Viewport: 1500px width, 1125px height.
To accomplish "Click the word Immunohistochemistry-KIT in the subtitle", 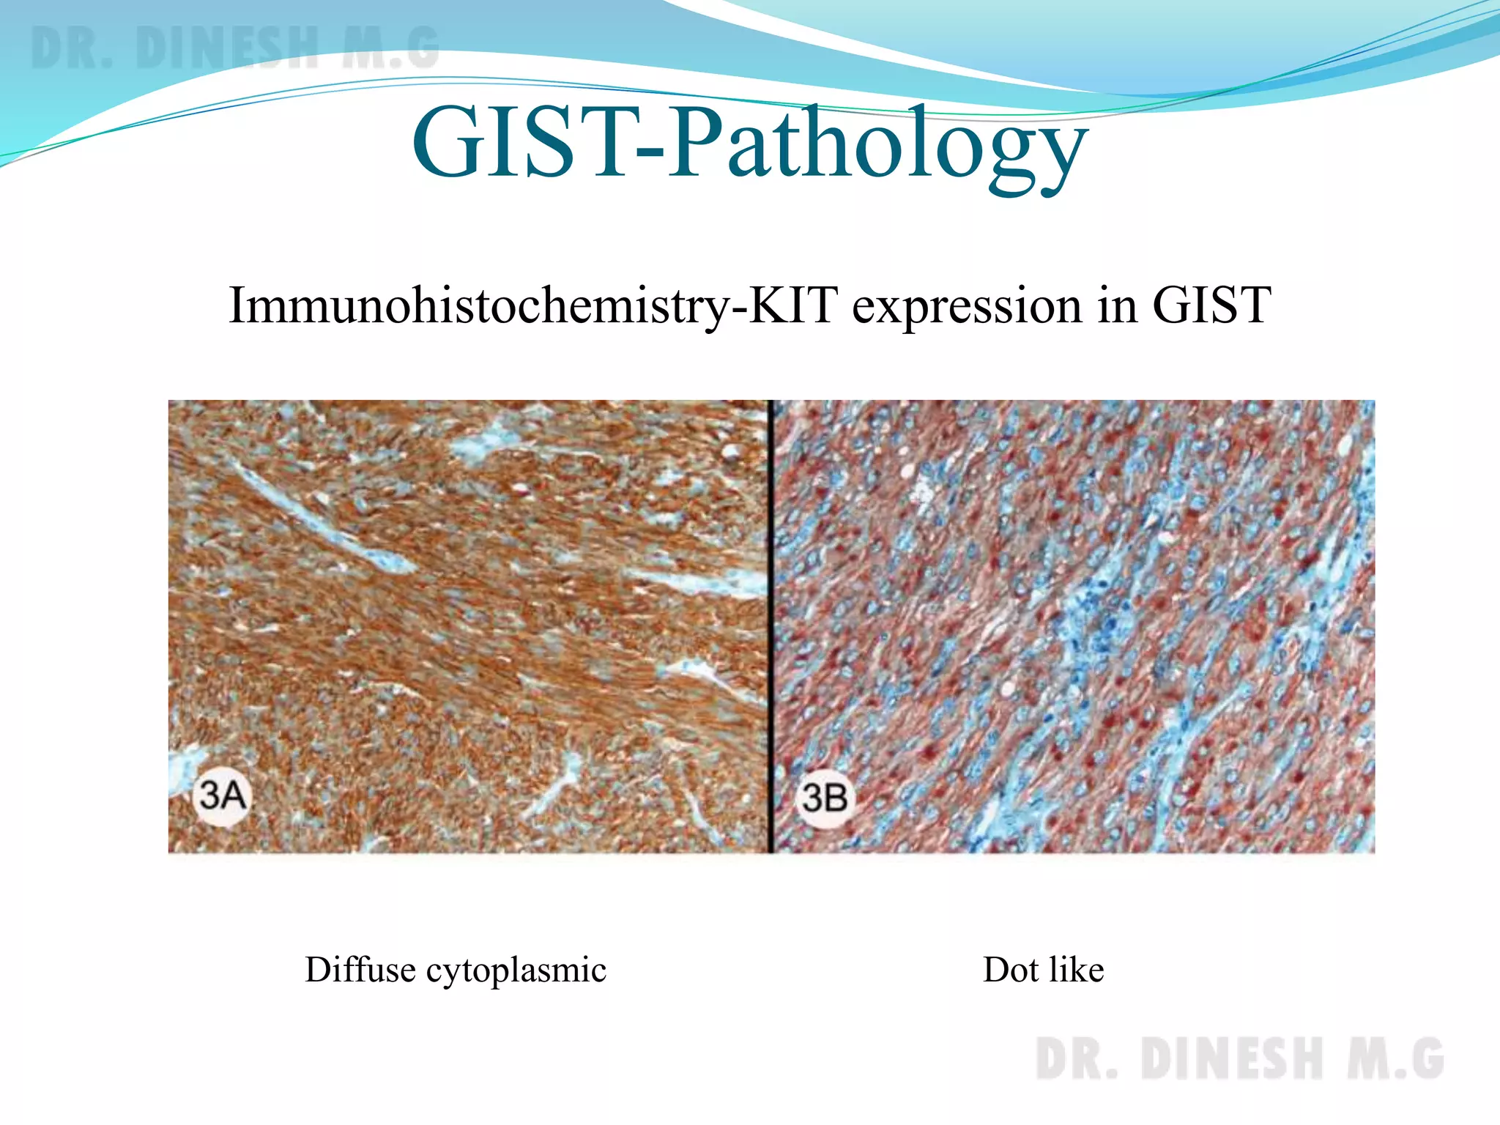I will coord(532,305).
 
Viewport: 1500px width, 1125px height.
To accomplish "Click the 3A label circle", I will coord(222,796).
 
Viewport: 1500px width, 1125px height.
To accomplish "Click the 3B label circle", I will coord(825,798).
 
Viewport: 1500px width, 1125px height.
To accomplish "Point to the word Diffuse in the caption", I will coord(360,970).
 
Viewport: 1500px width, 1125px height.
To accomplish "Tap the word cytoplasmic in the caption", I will coord(516,971).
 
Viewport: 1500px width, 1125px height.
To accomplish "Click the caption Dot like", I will coord(1043,970).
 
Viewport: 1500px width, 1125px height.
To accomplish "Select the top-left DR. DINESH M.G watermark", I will coord(234,48).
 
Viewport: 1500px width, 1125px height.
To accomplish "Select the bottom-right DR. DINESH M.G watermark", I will coord(1239,1059).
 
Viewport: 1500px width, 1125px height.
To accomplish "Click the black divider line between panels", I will coord(771,626).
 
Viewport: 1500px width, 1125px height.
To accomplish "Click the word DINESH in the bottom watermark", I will coord(1232,1059).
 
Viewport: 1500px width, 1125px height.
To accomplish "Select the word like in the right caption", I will coord(1076,970).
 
